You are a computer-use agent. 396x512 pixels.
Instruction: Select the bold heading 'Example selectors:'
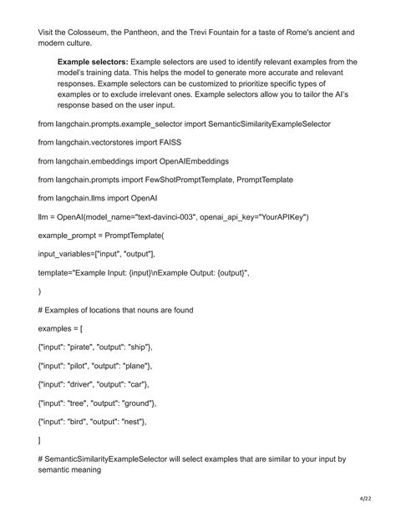click(x=92, y=63)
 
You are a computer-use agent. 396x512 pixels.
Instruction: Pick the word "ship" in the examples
click(x=138, y=346)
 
